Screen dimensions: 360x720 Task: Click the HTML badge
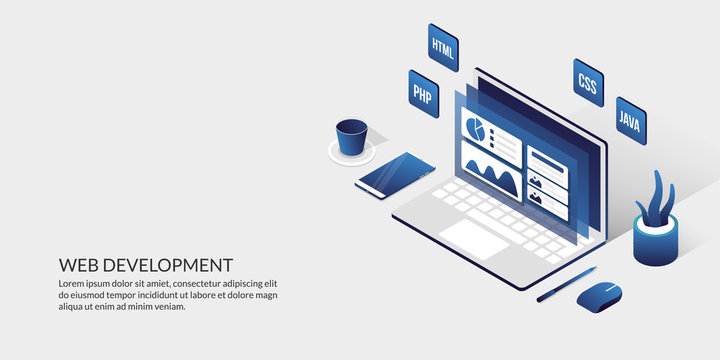pyautogui.click(x=443, y=46)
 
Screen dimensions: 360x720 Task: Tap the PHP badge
pyautogui.click(x=423, y=93)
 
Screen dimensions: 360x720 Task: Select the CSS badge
pyautogui.click(x=588, y=84)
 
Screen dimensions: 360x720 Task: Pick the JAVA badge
pyautogui.click(x=630, y=121)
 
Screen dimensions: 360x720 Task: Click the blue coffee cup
pyautogui.click(x=351, y=137)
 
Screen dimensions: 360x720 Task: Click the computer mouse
pyautogui.click(x=600, y=295)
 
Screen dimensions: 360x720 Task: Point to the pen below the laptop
pyautogui.click(x=566, y=284)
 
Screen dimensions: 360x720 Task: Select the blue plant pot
pyautogui.click(x=655, y=243)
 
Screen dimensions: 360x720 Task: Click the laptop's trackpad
pyautogui.click(x=474, y=237)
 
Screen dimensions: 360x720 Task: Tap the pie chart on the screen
pyautogui.click(x=477, y=130)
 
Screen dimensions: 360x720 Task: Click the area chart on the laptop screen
pyautogui.click(x=492, y=177)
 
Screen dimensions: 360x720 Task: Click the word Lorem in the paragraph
pyautogui.click(x=73, y=284)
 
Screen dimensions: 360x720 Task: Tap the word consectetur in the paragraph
pyautogui.click(x=200, y=284)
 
